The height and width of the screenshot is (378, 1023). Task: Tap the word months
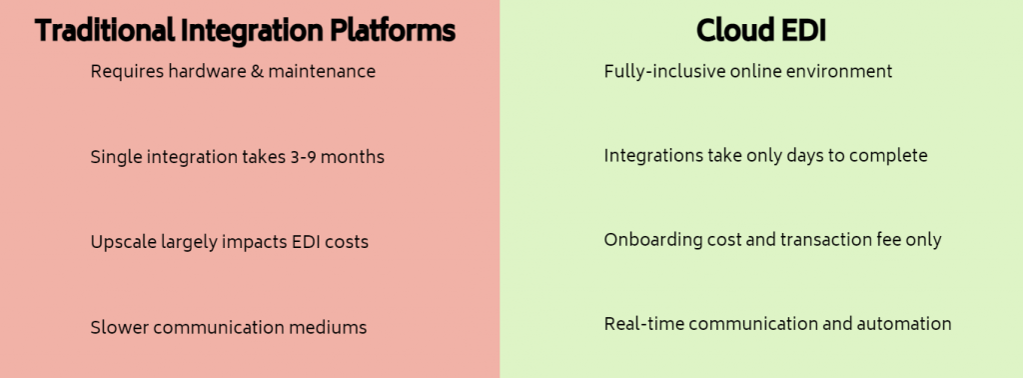point(357,157)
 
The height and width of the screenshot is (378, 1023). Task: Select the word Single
point(115,157)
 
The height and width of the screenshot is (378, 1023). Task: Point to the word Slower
point(117,327)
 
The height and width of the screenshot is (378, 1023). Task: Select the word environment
point(837,72)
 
